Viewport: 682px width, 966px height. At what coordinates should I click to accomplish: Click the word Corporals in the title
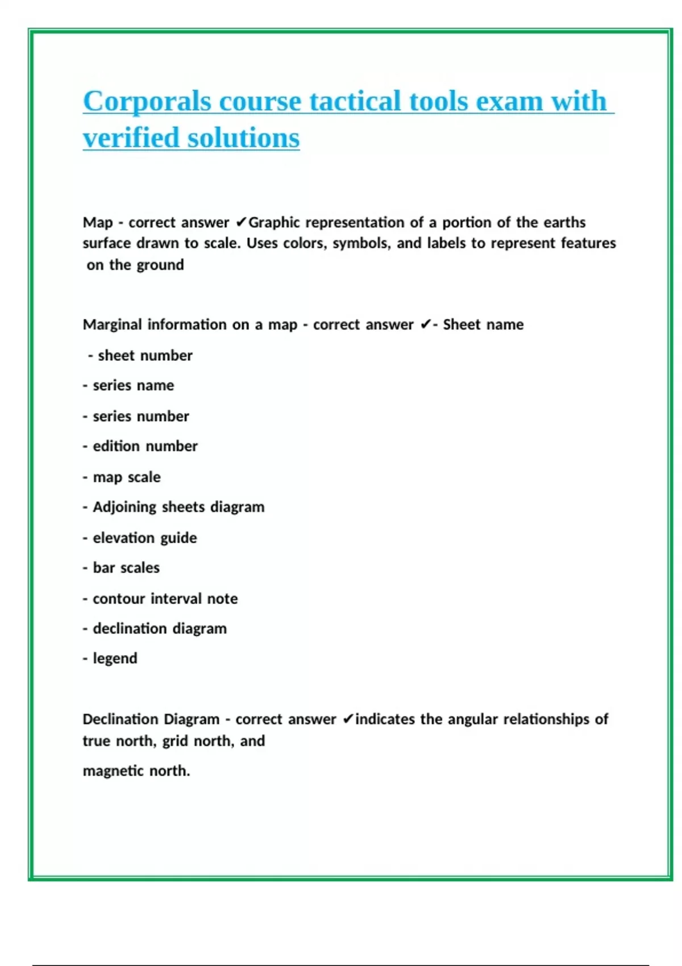tap(147, 102)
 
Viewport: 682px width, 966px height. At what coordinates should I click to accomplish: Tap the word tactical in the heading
tap(355, 102)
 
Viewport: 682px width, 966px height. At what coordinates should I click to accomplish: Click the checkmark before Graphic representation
tap(241, 222)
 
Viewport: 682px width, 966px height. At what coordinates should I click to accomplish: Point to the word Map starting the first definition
tap(98, 222)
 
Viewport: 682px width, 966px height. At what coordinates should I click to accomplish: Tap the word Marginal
tap(113, 324)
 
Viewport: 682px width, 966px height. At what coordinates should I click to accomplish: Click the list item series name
tap(133, 386)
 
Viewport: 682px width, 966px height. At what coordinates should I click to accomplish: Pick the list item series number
tap(140, 417)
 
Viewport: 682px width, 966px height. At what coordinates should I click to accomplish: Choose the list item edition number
tap(145, 447)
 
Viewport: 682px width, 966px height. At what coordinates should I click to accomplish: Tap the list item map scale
tap(126, 477)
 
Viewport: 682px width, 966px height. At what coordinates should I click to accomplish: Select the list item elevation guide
tap(144, 538)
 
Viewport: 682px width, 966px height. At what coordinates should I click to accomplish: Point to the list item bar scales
tap(126, 568)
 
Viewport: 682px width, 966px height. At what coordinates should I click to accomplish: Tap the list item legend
tap(115, 659)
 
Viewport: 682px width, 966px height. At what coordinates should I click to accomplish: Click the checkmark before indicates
tap(348, 719)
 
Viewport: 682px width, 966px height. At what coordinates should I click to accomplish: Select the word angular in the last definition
tap(473, 719)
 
